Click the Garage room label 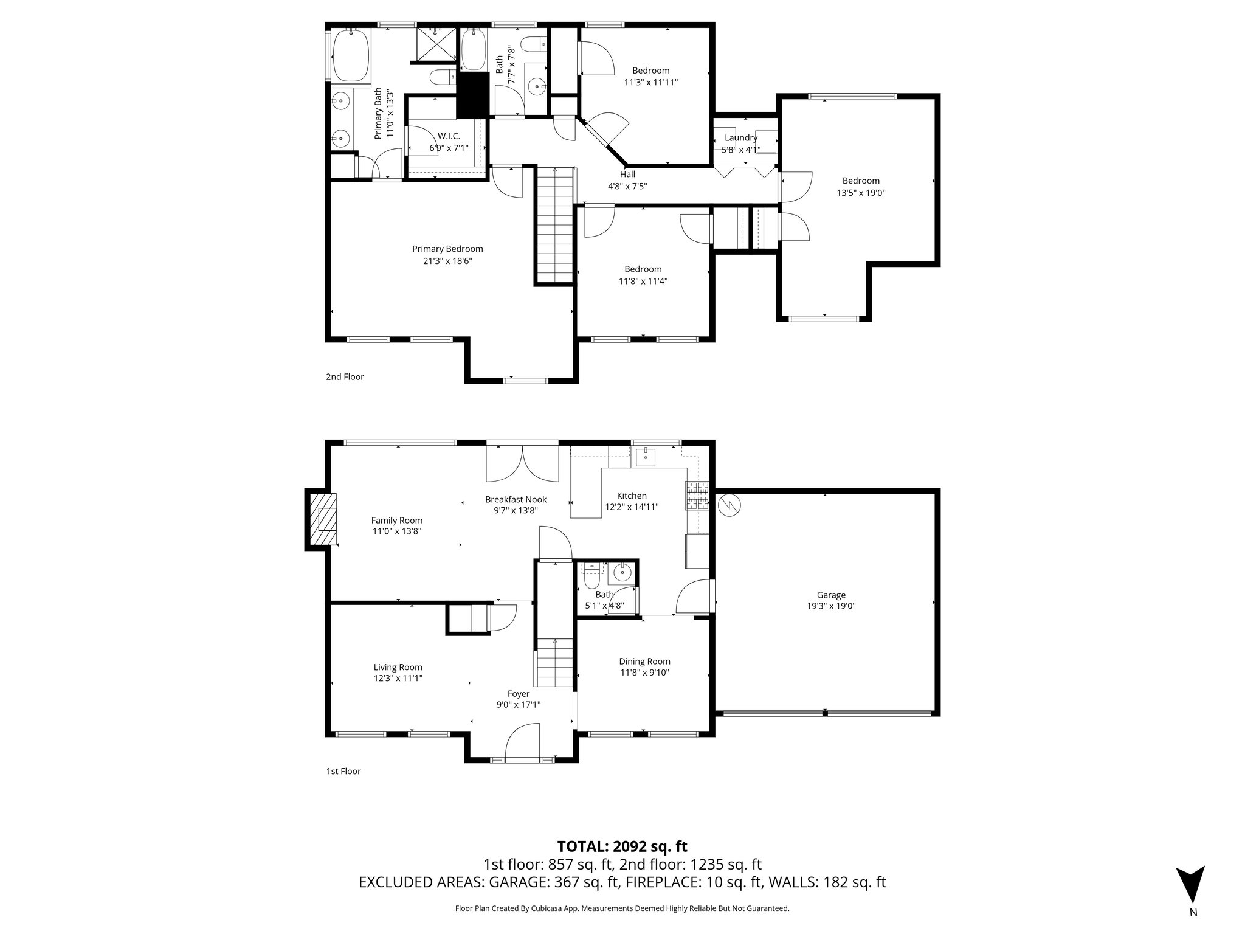tap(830, 595)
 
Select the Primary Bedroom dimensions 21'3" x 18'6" tap(447, 261)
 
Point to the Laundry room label tap(740, 138)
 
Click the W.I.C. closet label tap(449, 136)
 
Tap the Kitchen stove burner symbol tap(697, 495)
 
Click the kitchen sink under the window tap(645, 455)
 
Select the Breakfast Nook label tap(516, 499)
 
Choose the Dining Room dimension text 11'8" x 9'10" tap(644, 673)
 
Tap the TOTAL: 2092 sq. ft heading tap(622, 846)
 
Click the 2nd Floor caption tap(345, 376)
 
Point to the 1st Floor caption tap(343, 771)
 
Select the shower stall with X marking tap(436, 43)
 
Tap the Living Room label tap(398, 667)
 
